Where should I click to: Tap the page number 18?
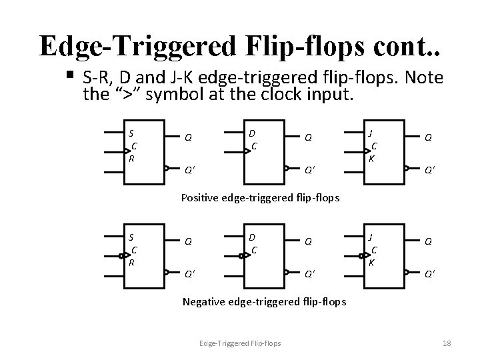[x=447, y=343]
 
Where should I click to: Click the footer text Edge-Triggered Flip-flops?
[x=241, y=343]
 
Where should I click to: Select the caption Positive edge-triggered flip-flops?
[x=261, y=197]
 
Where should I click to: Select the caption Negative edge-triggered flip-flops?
[x=264, y=302]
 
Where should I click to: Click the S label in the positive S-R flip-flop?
[x=131, y=133]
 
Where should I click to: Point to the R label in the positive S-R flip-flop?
[x=132, y=159]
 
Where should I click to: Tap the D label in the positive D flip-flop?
[x=251, y=133]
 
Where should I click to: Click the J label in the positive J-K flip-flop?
[x=371, y=133]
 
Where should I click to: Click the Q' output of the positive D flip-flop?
[x=309, y=168]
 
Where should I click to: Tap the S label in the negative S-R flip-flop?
[x=131, y=237]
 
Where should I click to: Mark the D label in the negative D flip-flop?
[x=251, y=237]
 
